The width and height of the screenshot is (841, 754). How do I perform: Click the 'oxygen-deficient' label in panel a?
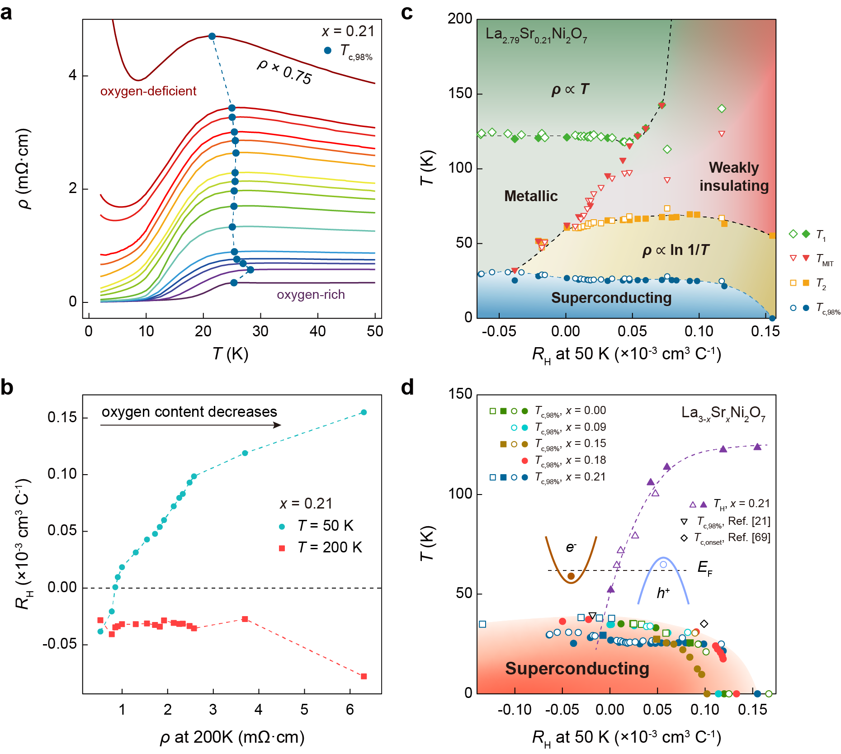point(148,91)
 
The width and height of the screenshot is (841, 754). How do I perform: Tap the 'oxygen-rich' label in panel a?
point(311,295)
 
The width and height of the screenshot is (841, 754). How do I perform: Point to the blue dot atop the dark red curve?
point(212,36)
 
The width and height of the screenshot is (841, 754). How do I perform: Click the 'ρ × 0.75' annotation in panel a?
point(284,71)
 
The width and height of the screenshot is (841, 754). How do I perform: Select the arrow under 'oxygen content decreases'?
point(190,425)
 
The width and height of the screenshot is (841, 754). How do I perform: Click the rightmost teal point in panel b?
point(364,412)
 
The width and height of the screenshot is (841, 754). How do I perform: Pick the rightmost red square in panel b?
point(364,676)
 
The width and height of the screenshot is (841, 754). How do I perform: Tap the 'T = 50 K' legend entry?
point(325,526)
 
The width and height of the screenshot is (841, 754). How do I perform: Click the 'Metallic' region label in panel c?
point(531,196)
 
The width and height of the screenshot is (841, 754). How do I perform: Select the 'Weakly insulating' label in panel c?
point(734,177)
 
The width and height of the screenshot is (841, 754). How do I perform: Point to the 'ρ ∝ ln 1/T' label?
point(676,250)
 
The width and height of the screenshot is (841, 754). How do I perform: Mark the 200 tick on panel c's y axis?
point(460,19)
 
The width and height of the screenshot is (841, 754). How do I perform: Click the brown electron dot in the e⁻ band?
point(571,576)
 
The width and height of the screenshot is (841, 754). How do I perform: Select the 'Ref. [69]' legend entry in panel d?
point(732,537)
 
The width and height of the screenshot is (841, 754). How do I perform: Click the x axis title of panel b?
point(232,737)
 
